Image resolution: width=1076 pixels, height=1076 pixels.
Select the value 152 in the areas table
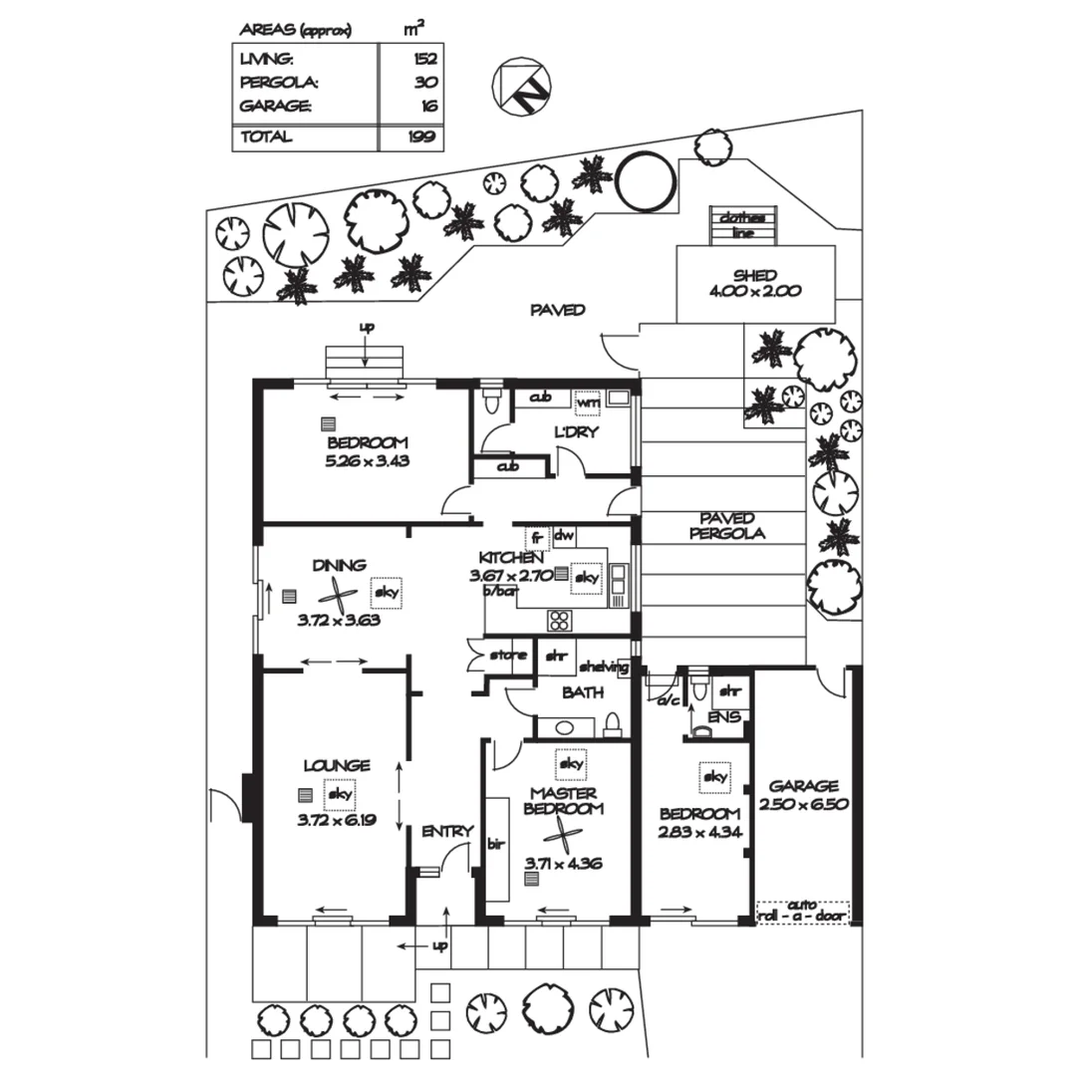point(425,60)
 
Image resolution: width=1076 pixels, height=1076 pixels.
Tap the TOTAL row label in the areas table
point(266,136)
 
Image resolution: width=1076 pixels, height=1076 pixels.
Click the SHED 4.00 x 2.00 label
point(755,284)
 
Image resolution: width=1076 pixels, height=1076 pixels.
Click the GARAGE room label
point(803,795)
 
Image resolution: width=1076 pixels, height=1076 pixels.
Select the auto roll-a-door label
point(803,909)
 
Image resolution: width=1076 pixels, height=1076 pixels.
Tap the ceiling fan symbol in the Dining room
point(338,596)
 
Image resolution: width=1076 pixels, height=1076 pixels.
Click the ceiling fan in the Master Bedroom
point(565,835)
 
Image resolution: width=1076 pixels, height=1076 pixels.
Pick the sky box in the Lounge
point(341,794)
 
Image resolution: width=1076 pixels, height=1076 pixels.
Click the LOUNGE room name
point(337,765)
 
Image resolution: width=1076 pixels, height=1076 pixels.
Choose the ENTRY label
point(447,831)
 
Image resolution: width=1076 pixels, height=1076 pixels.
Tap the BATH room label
point(582,692)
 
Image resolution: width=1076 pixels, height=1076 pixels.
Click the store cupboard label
point(507,656)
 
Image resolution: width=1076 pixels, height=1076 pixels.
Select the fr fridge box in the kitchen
point(537,538)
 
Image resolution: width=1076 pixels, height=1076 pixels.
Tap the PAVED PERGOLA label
point(731,525)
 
